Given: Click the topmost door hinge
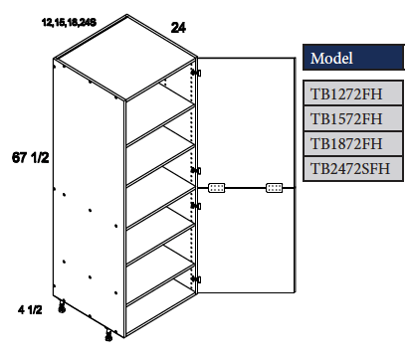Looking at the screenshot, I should click(197, 74).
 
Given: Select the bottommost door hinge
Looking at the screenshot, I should click(197, 279).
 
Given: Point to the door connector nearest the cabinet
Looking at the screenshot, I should click(218, 186).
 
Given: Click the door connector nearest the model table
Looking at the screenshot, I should click(275, 186).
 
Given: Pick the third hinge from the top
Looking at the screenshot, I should click(197, 206).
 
